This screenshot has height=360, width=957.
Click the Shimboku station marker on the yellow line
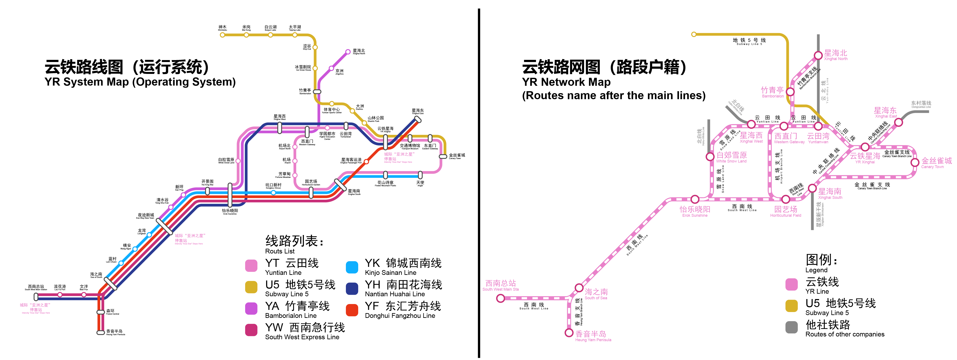click(x=222, y=35)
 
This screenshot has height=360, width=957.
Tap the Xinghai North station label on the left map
click(x=358, y=51)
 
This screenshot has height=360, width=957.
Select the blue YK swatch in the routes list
click(x=352, y=267)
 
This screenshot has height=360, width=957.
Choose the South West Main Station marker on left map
click(x=36, y=296)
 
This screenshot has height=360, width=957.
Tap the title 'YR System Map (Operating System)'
click(x=140, y=82)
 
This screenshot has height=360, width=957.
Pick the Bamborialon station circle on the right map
click(x=790, y=92)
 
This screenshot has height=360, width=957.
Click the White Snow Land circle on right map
click(x=710, y=156)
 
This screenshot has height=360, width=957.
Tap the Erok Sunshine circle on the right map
click(x=695, y=199)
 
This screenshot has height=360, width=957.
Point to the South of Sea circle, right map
click(x=579, y=288)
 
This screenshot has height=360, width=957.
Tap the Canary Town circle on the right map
click(x=915, y=162)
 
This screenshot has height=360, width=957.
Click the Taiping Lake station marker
click(x=295, y=35)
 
